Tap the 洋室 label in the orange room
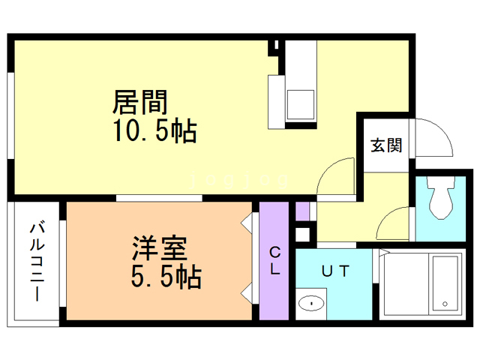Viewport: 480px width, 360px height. click(x=160, y=248)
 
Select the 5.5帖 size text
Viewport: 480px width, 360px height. click(x=166, y=277)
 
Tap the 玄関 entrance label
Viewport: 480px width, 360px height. click(x=385, y=145)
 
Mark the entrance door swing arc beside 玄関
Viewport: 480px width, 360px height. click(x=433, y=136)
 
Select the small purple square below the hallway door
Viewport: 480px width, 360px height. click(x=302, y=211)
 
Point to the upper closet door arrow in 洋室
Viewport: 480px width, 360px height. click(x=247, y=223)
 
